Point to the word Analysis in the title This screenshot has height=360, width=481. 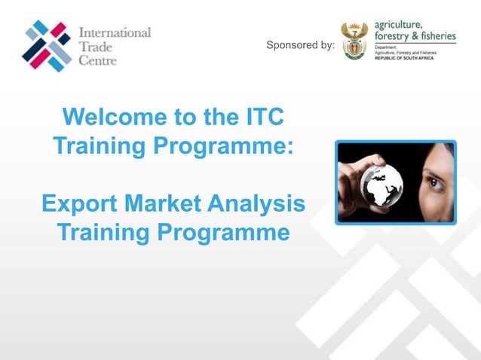pos(261,204)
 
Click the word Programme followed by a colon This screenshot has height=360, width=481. pos(225,146)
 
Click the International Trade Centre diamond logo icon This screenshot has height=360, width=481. pos(47,46)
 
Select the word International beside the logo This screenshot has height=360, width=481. pos(115,34)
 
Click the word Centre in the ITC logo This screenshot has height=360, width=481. pos(98,60)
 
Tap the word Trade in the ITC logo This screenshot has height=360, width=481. pos(96,47)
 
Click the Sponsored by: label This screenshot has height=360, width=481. pos(301,45)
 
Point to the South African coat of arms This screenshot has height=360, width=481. pos(354,40)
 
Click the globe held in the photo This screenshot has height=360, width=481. pos(381,183)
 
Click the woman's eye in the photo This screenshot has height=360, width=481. pos(435,181)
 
